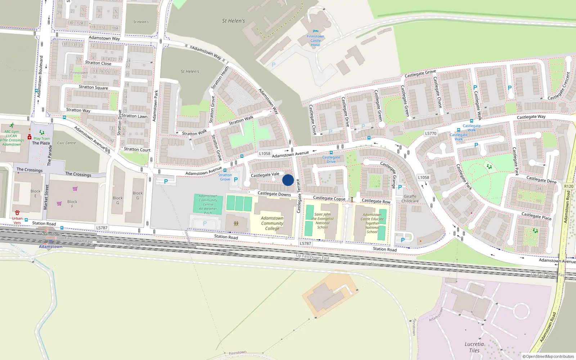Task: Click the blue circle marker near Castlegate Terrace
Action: click(x=288, y=180)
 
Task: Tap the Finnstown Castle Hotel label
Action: click(x=315, y=40)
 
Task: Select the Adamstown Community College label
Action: click(x=272, y=223)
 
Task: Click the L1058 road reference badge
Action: click(x=265, y=153)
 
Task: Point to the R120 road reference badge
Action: click(x=569, y=186)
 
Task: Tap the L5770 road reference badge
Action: click(x=431, y=133)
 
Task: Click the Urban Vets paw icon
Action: click(x=17, y=213)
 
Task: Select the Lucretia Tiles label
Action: click(x=474, y=347)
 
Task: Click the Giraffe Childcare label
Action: click(x=410, y=199)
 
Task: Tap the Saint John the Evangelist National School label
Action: click(x=323, y=221)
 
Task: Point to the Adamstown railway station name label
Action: click(x=50, y=247)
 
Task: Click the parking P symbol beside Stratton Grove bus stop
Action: click(x=236, y=179)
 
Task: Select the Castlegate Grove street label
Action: click(x=420, y=74)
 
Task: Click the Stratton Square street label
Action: click(x=93, y=87)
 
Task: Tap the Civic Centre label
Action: click(x=67, y=143)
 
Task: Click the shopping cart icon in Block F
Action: click(x=59, y=203)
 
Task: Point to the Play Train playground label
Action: click(x=42, y=138)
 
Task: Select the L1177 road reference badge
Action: click(x=423, y=177)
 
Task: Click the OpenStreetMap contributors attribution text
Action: click(x=548, y=356)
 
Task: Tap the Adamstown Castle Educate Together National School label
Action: click(x=372, y=223)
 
